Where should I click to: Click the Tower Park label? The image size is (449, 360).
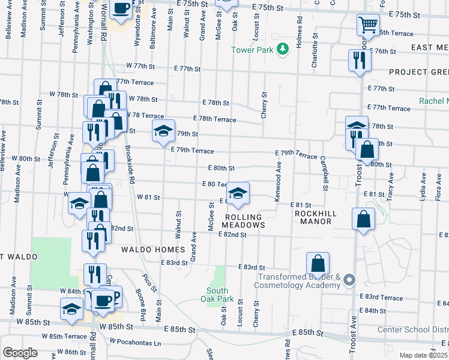pyautogui.click(x=253, y=50)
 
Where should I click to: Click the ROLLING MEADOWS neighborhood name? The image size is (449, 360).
pyautogui.click(x=243, y=221)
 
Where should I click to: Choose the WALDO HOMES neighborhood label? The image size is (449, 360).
pyautogui.click(x=152, y=249)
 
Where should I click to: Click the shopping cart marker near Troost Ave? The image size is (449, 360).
pyautogui.click(x=368, y=25)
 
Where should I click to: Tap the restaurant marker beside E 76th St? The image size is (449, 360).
pyautogui.click(x=360, y=61)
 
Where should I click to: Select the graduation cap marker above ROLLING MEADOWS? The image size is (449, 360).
pyautogui.click(x=238, y=193)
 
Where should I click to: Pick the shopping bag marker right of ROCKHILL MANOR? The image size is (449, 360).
pyautogui.click(x=364, y=220)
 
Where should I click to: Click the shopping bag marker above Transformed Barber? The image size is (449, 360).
pyautogui.click(x=318, y=263)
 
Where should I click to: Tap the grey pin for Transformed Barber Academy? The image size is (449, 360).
pyautogui.click(x=351, y=280)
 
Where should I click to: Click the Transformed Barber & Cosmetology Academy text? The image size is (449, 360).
pyautogui.click(x=300, y=281)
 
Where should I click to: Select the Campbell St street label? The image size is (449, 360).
pyautogui.click(x=324, y=175)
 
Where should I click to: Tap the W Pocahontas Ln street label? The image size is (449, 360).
pyautogui.click(x=135, y=341)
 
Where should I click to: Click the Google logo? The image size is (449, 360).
pyautogui.click(x=20, y=353)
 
